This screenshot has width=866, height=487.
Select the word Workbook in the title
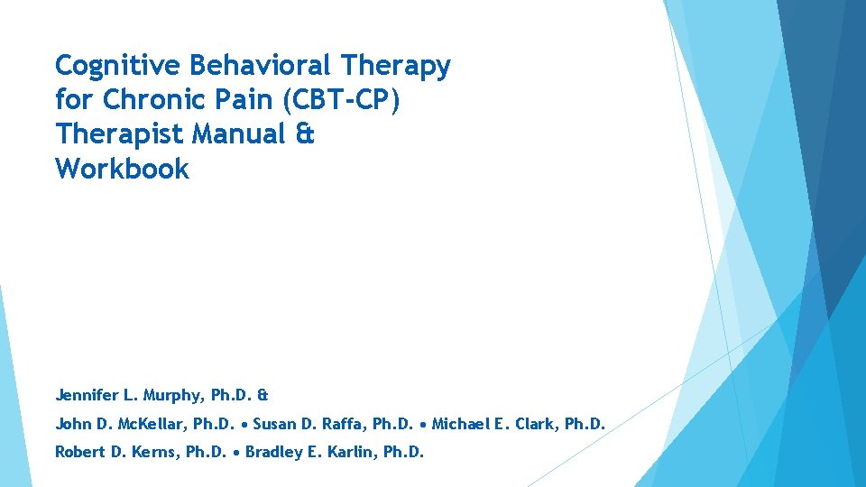[122, 169]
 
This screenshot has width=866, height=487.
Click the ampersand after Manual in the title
[306, 134]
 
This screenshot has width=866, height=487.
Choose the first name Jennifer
[87, 395]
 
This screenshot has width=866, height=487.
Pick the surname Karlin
[351, 451]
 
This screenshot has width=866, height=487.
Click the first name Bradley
[276, 451]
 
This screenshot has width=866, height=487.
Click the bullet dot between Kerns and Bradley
[236, 452]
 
